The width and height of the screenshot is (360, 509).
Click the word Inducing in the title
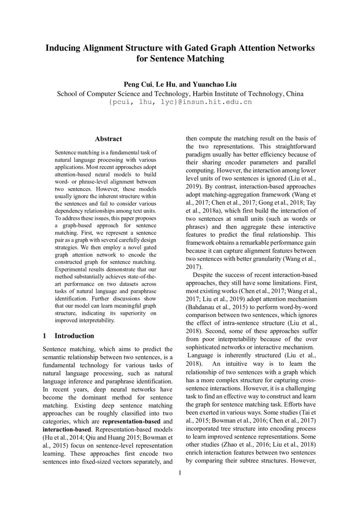(64, 47)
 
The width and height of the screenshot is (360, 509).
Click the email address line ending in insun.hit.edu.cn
(180, 102)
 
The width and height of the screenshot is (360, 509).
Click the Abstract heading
(108, 139)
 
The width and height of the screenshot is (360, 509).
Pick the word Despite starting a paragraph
(204, 275)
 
